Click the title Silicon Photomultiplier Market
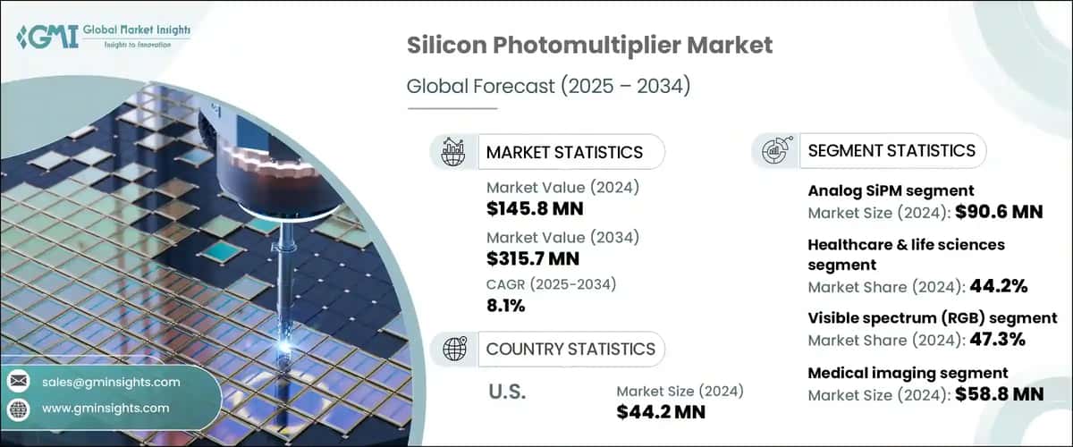tap(589, 46)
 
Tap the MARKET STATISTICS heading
tap(563, 152)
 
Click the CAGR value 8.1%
tap(506, 305)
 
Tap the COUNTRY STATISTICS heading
tap(570, 349)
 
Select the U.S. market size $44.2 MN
tap(661, 411)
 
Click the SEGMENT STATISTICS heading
tap(891, 150)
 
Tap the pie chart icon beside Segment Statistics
tap(774, 150)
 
